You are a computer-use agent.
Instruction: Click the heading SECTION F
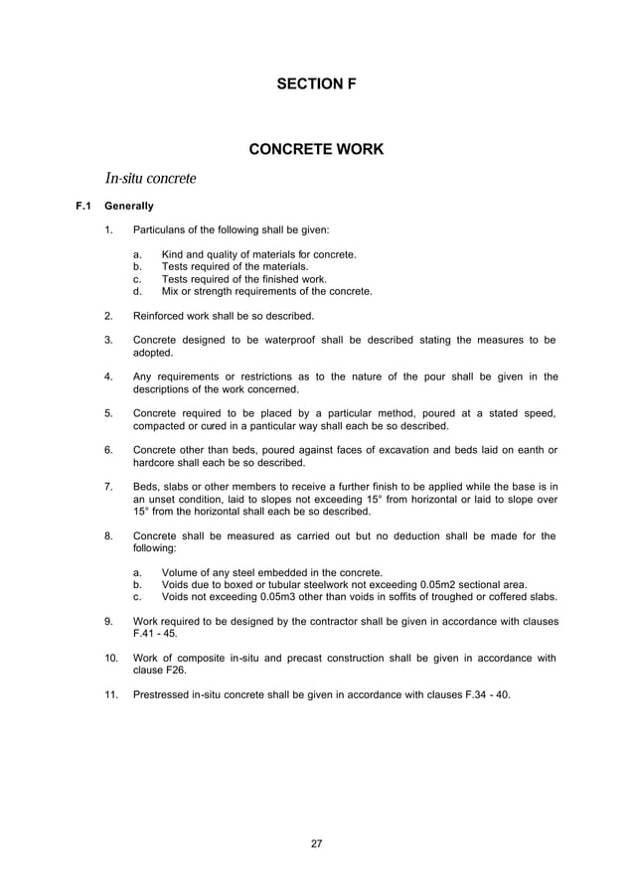[316, 86]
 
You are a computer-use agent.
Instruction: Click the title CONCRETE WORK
[316, 151]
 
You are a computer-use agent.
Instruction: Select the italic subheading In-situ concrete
[151, 179]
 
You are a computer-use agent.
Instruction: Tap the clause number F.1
[83, 207]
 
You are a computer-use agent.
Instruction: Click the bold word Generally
[129, 207]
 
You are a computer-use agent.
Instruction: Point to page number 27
[317, 843]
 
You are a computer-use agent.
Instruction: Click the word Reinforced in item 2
[160, 316]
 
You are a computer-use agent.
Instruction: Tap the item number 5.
[107, 413]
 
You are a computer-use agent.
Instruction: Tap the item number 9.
[107, 621]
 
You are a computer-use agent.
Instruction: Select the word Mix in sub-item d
[171, 292]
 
